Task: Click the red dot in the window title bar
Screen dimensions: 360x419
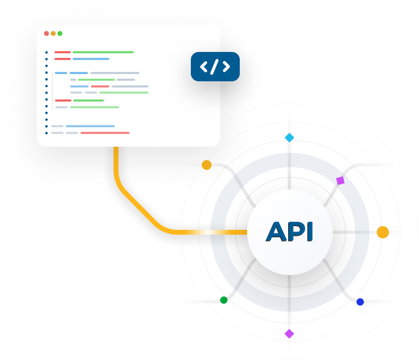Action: [x=46, y=34]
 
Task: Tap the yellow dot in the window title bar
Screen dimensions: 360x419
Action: [x=53, y=34]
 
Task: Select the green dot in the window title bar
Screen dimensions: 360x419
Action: [x=60, y=34]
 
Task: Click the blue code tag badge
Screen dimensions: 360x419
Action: [x=215, y=67]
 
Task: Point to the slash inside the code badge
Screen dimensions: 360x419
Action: [x=215, y=67]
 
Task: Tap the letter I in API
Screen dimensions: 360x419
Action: [x=309, y=232]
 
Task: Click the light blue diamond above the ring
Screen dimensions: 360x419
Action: [x=289, y=138]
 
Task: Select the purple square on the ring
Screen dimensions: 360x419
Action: [x=341, y=181]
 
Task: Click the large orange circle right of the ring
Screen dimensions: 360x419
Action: [x=382, y=232]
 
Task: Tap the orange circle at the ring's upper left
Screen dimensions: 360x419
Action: [x=207, y=165]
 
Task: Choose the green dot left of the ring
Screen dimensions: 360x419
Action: [x=223, y=300]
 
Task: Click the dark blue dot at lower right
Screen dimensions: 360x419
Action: [x=360, y=302]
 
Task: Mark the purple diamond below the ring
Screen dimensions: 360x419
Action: [x=289, y=334]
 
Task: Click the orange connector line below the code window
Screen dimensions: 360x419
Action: [x=116, y=168]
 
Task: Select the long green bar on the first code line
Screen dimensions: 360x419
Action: [x=103, y=52]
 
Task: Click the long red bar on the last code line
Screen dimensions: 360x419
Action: [x=105, y=133]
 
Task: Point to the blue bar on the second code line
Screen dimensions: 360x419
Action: [x=91, y=59]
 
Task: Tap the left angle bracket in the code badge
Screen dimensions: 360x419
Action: [x=204, y=67]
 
